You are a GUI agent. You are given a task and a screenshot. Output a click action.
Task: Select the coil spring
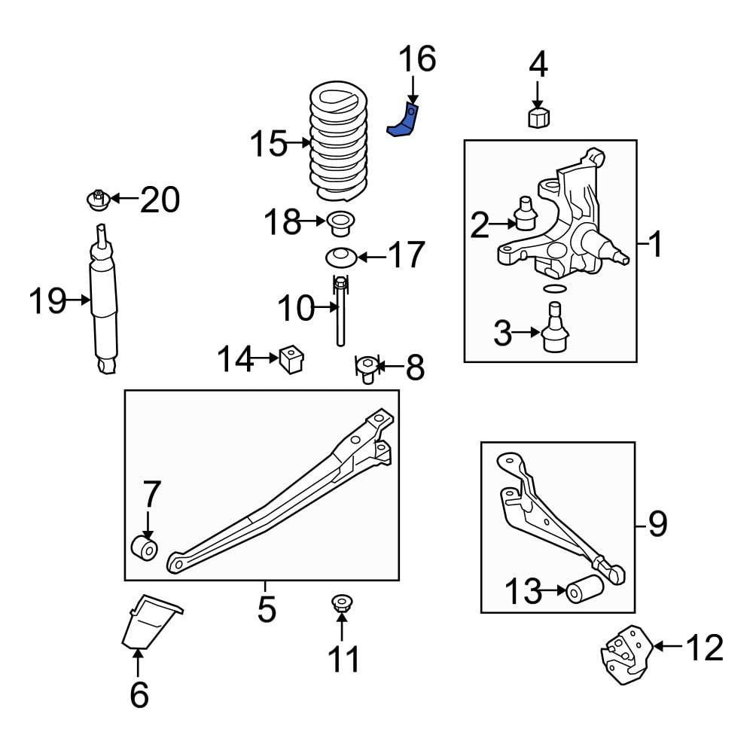(339, 142)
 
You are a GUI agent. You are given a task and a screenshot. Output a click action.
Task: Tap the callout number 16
(417, 59)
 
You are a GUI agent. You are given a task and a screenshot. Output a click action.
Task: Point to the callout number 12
(704, 648)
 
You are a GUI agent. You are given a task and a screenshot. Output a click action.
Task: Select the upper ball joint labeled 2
(526, 213)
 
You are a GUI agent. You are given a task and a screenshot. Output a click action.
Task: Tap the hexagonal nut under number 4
(539, 117)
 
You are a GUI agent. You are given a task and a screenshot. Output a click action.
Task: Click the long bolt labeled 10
(340, 311)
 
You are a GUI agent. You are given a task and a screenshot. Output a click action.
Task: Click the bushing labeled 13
(584, 589)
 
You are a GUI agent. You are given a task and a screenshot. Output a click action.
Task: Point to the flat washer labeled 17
(341, 258)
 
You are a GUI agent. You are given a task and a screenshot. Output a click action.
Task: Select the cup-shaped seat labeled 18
(341, 224)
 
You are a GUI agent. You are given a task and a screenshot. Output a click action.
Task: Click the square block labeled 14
(291, 358)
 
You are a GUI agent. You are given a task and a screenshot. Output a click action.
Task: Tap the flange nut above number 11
(341, 603)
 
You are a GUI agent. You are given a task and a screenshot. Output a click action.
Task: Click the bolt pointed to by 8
(367, 369)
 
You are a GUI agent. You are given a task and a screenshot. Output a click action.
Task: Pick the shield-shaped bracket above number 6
(150, 622)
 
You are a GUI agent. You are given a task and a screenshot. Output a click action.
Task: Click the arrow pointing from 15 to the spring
(298, 142)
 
